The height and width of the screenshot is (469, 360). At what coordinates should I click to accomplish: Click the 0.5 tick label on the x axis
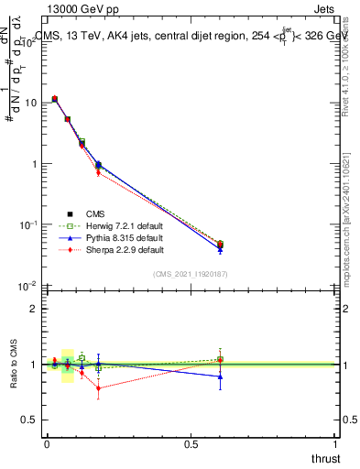click(x=191, y=444)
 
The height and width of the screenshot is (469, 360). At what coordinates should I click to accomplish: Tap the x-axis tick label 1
click(x=336, y=444)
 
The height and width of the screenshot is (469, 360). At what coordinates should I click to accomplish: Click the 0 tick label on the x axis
click(x=47, y=444)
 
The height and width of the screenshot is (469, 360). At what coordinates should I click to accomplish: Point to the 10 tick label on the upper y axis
click(x=29, y=103)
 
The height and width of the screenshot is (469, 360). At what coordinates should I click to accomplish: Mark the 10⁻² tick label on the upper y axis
click(x=27, y=286)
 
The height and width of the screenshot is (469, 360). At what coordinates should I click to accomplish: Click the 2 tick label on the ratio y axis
click(x=33, y=309)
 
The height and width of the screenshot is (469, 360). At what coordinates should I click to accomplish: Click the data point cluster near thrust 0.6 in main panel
click(x=220, y=245)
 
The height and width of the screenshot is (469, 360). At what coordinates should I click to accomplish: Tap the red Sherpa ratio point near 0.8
click(x=99, y=387)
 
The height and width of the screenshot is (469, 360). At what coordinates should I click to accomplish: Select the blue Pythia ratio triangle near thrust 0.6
click(x=220, y=376)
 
